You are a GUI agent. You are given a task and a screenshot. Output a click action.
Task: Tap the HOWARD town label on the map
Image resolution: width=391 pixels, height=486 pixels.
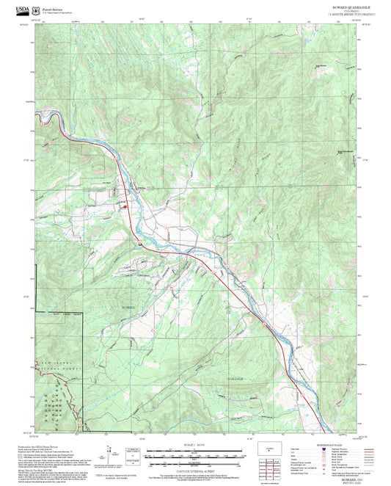[128, 305]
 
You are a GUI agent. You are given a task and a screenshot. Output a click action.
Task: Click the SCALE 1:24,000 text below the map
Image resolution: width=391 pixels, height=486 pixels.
[195, 445]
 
